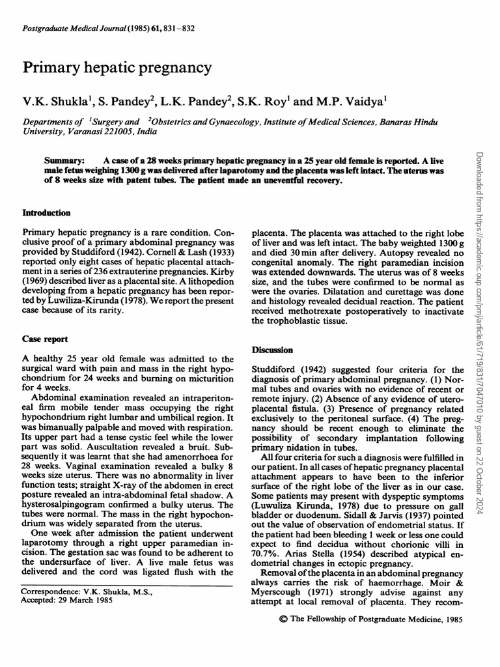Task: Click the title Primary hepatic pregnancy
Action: coord(117,67)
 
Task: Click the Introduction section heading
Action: coord(47,212)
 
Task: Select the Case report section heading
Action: coord(45,339)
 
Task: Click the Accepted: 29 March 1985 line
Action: coord(68,601)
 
